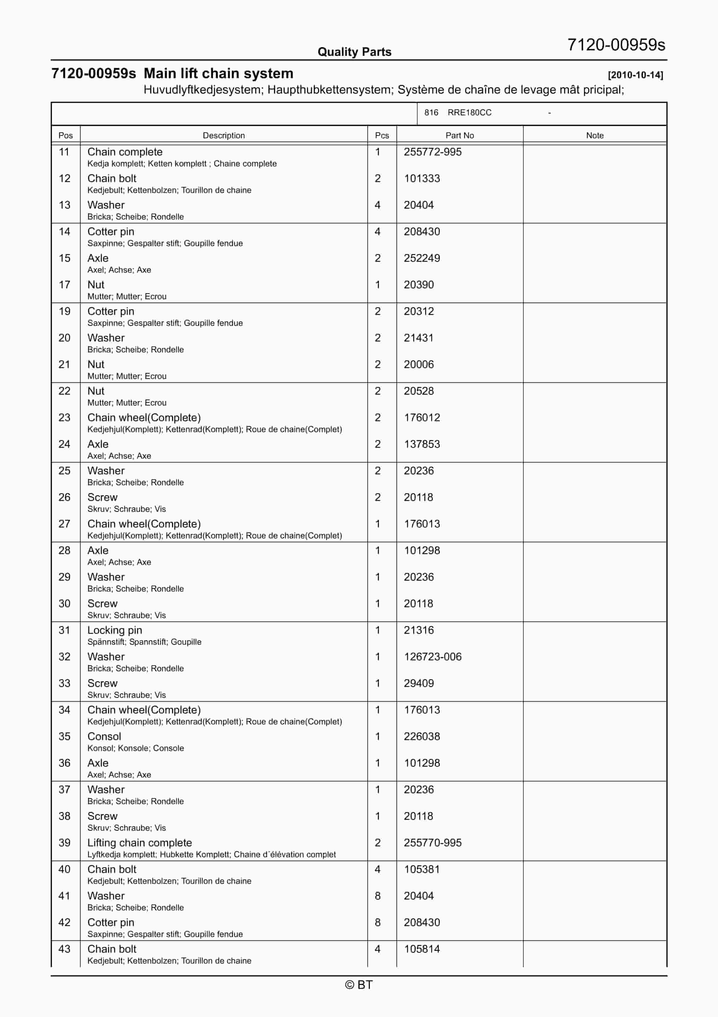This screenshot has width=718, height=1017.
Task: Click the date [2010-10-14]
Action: point(635,75)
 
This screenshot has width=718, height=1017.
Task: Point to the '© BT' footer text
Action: point(359,985)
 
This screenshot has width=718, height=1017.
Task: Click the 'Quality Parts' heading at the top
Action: point(354,52)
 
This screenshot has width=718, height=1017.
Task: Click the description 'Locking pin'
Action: point(115,630)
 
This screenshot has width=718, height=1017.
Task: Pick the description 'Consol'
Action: point(104,736)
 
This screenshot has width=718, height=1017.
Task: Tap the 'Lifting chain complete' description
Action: point(139,843)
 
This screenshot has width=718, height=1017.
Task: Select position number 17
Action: point(65,285)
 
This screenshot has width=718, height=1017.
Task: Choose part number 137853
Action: point(421,444)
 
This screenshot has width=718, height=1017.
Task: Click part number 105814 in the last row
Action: point(421,949)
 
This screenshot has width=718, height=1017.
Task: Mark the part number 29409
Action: point(418,683)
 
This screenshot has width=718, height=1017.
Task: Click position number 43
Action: point(65,949)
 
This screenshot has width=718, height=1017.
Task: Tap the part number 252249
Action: point(421,258)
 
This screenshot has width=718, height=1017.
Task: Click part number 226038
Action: point(421,736)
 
